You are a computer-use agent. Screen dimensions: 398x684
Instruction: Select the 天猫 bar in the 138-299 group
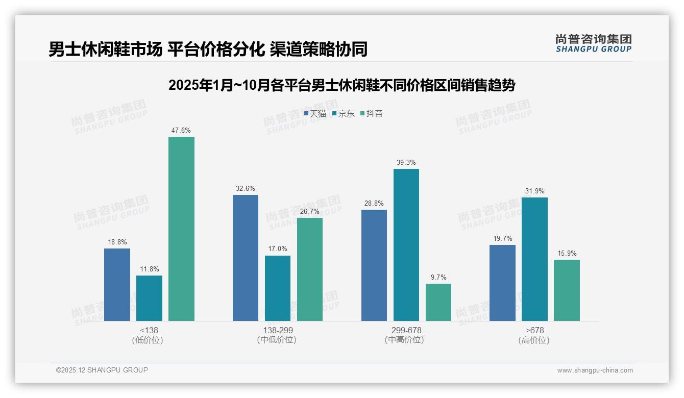pos(246,258)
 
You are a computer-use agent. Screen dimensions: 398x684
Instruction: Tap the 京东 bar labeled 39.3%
pos(406,245)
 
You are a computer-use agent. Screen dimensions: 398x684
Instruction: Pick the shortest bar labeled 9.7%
pos(438,302)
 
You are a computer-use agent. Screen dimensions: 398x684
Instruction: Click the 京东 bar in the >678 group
pos(534,259)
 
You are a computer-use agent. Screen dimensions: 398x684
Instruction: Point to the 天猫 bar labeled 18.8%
pos(117,285)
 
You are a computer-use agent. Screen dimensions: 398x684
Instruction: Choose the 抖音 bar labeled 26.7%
pos(310,269)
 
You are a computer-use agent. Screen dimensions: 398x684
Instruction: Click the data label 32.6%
pos(246,188)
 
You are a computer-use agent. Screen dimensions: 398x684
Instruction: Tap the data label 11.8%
pos(149,269)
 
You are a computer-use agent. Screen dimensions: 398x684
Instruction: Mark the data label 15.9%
pos(567,253)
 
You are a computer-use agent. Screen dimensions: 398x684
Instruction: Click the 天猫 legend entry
pos(315,113)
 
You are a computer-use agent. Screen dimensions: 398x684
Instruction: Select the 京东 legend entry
pos(343,113)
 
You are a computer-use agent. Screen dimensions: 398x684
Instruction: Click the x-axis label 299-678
pos(406,330)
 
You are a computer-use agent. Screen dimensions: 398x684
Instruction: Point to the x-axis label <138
pos(149,330)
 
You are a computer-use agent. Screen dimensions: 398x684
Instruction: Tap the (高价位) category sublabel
pos(534,340)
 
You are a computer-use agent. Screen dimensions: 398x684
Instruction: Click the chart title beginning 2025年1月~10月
pos(341,85)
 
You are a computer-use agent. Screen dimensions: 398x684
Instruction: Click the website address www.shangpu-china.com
pos(595,370)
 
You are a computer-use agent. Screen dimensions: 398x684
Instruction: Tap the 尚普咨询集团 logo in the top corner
pos(593,43)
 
